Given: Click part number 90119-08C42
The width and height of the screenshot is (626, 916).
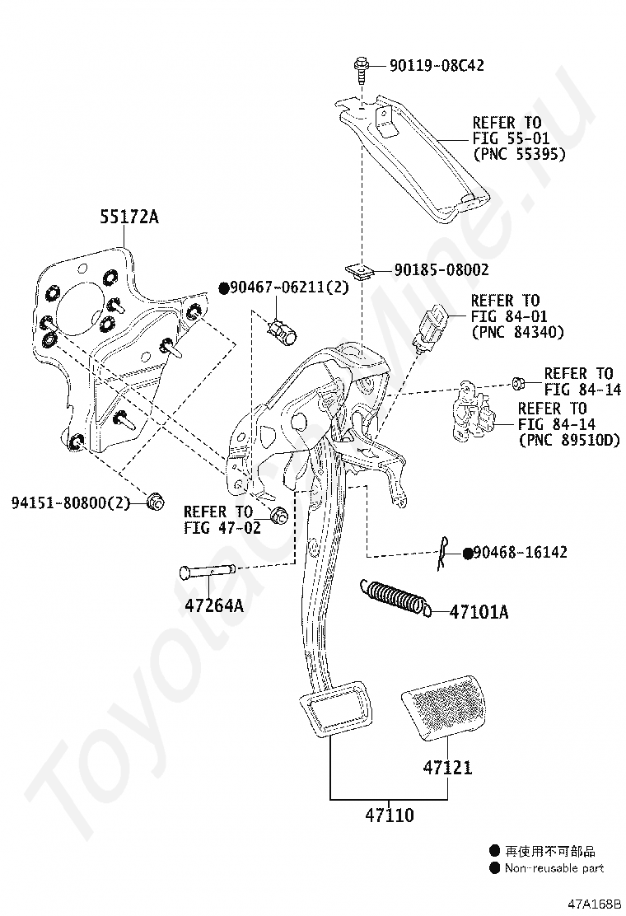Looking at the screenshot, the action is click(x=437, y=65).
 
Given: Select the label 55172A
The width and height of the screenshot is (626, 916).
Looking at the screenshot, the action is click(x=129, y=217).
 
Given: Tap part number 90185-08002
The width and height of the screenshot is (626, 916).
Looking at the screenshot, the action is click(x=441, y=270).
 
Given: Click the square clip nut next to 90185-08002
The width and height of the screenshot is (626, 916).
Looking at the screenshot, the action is click(x=359, y=272).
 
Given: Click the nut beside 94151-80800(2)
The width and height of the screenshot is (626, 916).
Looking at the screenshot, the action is click(x=155, y=501).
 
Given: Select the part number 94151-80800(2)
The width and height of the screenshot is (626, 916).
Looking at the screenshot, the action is click(x=71, y=502).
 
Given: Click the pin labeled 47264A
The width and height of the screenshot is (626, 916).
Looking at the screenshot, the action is click(x=208, y=571).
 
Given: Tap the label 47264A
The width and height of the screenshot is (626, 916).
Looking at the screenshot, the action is click(x=214, y=605).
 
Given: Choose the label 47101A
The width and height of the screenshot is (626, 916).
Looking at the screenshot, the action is click(x=479, y=612).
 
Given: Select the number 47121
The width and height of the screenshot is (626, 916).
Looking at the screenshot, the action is click(x=447, y=767).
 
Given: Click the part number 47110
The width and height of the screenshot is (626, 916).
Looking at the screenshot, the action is click(x=390, y=815).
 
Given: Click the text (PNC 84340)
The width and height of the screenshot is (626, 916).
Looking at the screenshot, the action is click(x=518, y=333).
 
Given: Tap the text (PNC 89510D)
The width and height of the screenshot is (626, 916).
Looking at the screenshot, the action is click(x=569, y=440).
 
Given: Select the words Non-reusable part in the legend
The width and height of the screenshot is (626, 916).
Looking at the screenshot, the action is click(x=554, y=868).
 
